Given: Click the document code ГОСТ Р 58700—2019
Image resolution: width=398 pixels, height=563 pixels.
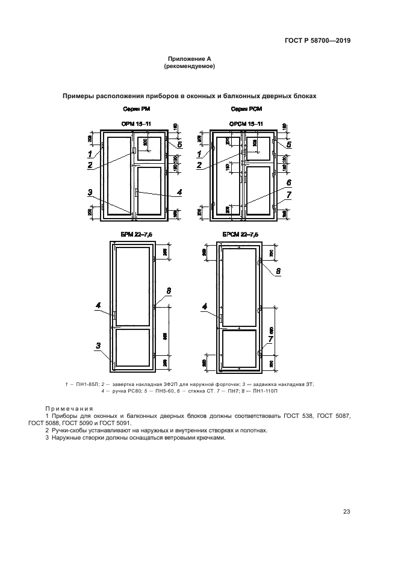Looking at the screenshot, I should point(317,42).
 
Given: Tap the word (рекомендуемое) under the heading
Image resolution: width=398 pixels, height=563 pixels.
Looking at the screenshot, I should point(190,66).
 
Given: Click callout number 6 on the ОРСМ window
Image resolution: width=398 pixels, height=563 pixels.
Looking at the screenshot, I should point(289,182).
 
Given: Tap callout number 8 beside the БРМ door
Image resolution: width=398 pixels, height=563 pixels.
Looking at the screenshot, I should point(169,291).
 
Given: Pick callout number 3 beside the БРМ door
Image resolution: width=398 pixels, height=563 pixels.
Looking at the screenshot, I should point(96,345).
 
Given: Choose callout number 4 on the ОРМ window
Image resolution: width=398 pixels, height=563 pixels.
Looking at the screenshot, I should point(179,193).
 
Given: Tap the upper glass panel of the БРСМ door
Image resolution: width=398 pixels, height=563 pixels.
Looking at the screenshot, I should point(239,287).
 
